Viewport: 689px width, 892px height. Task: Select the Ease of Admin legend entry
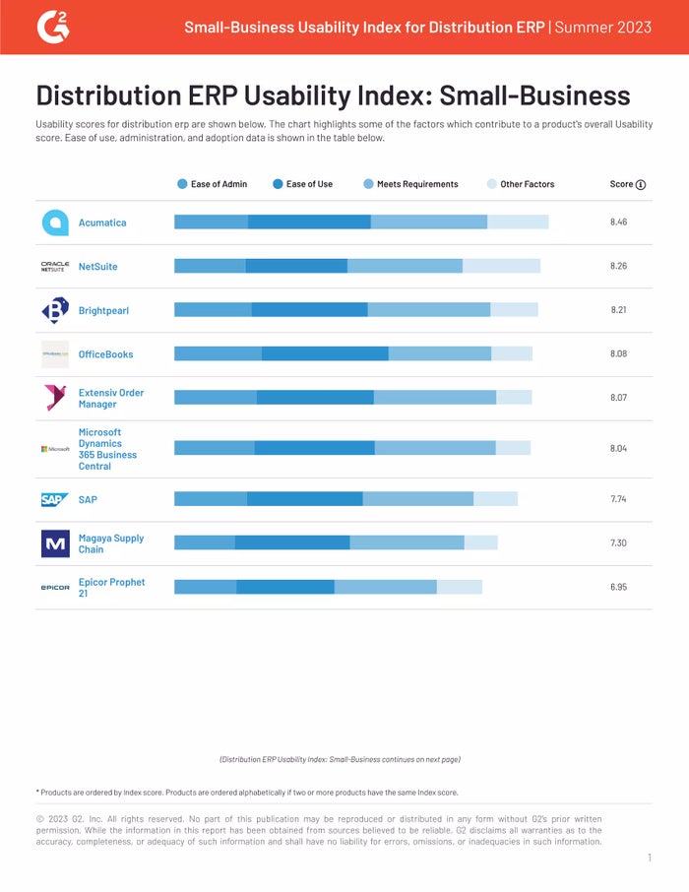click(212, 184)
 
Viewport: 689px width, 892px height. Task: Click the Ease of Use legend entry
click(302, 184)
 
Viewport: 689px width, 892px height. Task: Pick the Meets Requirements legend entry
click(410, 184)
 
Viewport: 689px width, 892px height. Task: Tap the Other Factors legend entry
click(521, 184)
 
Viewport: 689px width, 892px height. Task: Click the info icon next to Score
click(641, 184)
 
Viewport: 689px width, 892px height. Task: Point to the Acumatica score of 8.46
click(618, 223)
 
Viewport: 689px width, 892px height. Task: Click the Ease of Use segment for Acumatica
click(309, 223)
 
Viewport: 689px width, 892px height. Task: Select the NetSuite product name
click(97, 267)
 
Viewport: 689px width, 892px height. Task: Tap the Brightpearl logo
click(55, 311)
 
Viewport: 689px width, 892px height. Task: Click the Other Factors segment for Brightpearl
click(514, 310)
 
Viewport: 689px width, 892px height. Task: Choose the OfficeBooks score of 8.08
click(618, 354)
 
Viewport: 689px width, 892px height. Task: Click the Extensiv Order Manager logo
click(55, 399)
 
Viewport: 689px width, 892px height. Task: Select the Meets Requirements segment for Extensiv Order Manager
click(434, 398)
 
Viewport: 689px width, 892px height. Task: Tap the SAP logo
click(55, 500)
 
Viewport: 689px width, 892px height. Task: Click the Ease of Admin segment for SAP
click(211, 499)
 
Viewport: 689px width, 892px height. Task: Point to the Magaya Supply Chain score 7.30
click(618, 543)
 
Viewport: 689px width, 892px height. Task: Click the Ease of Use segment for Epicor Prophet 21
click(285, 587)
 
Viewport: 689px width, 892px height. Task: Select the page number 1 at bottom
click(650, 859)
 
